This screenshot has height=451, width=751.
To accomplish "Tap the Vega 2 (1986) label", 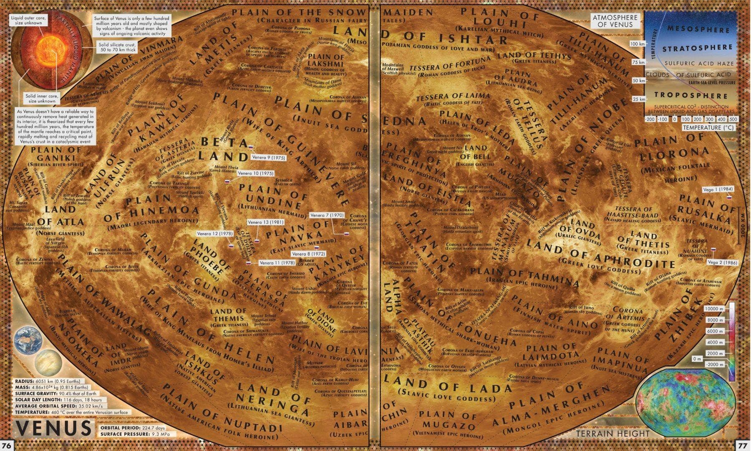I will click(x=723, y=263).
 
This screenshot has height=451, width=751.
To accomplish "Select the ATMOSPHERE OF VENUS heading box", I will click(x=615, y=20).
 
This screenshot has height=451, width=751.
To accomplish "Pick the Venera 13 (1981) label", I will click(x=266, y=222).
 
